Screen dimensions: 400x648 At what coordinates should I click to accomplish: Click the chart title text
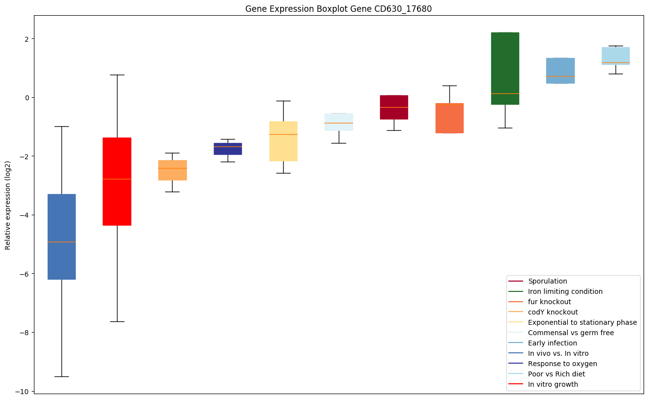coord(338,9)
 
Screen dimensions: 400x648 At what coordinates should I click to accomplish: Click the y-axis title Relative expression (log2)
coord(8,204)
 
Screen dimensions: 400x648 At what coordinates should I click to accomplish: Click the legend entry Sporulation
coord(547,282)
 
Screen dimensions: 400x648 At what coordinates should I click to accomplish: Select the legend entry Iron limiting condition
coord(565,292)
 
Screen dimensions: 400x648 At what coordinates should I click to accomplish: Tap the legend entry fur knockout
coord(549,302)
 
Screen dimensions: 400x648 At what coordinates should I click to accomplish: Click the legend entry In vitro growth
coord(553,385)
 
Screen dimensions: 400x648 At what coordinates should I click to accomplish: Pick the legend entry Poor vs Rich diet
coord(557,374)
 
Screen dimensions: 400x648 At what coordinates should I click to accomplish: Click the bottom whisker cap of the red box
coord(117,321)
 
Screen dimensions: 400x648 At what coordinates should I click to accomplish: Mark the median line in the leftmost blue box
coord(61,242)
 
